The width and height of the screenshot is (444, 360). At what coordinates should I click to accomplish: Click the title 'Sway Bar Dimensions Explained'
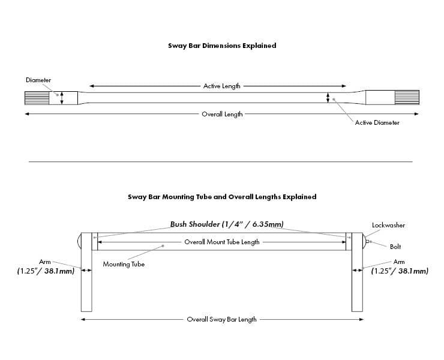click(222, 46)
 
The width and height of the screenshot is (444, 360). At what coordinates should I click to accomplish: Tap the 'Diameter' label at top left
click(38, 80)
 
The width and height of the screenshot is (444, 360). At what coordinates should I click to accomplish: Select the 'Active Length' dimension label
click(222, 86)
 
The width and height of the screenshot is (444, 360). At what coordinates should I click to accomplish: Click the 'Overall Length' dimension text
click(222, 114)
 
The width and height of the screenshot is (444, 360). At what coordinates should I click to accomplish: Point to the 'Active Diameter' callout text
click(377, 123)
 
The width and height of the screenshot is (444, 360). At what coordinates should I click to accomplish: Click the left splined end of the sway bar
click(36, 98)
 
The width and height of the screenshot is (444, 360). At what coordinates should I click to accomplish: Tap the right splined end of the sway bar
click(406, 98)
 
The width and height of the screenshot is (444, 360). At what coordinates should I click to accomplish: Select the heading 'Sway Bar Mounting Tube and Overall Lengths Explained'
click(222, 196)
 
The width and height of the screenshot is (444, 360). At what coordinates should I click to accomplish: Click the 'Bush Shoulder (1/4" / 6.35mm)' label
click(227, 224)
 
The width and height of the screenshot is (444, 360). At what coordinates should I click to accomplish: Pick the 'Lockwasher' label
click(388, 226)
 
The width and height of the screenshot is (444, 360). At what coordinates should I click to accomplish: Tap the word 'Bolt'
click(395, 247)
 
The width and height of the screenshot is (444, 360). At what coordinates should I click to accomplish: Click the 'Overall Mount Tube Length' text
click(222, 242)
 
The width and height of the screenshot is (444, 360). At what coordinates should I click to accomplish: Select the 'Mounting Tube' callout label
click(124, 264)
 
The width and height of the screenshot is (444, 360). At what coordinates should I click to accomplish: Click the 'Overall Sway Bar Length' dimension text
click(221, 319)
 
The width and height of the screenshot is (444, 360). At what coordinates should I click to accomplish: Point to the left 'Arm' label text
click(45, 262)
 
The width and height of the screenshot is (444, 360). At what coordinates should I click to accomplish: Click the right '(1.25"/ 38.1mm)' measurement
click(399, 271)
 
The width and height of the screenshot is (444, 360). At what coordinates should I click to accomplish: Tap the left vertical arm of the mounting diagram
click(86, 276)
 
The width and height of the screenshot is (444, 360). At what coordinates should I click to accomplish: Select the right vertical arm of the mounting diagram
click(358, 276)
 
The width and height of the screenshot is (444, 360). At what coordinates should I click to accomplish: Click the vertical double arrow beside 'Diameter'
click(62, 98)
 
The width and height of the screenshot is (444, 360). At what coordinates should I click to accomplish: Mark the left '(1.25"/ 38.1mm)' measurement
click(46, 271)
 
